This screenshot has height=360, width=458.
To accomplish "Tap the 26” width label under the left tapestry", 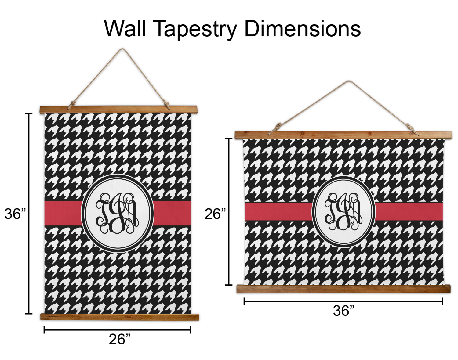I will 119,339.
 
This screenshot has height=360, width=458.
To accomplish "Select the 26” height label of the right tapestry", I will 215,214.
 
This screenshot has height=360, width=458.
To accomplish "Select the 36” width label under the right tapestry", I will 343,311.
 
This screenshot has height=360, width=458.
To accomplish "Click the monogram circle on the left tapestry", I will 117,213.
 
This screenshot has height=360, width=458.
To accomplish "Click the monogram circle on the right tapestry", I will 343,211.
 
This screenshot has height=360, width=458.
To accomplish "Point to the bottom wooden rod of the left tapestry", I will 119,317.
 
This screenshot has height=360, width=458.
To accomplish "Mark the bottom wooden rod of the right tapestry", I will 343,289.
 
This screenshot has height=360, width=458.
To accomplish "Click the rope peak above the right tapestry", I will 348,81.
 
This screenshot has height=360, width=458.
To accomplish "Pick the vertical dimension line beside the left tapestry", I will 29,214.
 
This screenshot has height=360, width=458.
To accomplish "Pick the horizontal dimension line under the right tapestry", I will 343,301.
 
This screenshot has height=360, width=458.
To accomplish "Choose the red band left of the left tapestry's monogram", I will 63,213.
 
